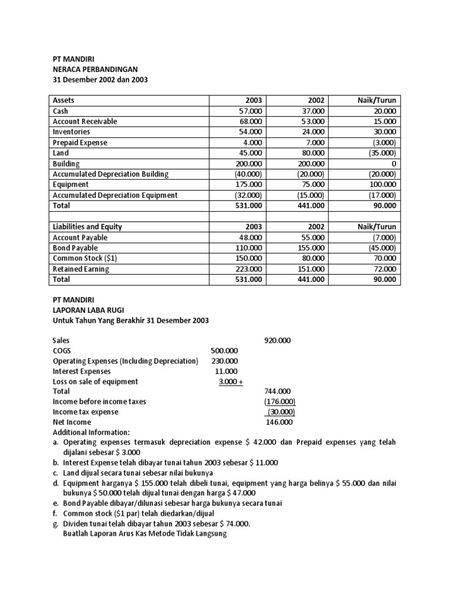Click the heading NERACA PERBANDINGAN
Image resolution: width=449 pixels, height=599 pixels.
[x=96, y=69]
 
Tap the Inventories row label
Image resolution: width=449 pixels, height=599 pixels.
[x=72, y=132]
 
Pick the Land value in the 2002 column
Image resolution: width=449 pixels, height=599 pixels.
[x=312, y=153]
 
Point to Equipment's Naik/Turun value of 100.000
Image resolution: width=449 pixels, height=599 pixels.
[x=381, y=185]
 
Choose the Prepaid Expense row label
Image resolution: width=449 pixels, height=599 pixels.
[x=80, y=143]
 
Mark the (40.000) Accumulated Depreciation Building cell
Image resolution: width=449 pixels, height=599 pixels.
[x=249, y=174]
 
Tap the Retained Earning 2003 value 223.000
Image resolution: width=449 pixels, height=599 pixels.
[x=249, y=269]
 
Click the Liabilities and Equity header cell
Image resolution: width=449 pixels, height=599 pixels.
[x=87, y=227]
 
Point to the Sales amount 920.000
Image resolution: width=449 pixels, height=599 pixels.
[x=277, y=339]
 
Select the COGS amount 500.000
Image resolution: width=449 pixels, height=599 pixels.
[x=224, y=350]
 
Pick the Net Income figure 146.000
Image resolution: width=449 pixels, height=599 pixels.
[x=279, y=422]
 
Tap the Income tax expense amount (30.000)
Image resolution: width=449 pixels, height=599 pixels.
[x=281, y=412]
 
